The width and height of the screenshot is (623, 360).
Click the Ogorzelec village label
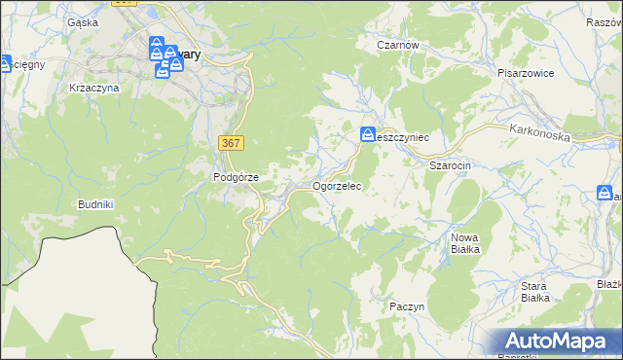[337, 185]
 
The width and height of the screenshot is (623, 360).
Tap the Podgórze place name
[236, 177]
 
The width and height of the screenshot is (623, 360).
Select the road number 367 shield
[231, 143]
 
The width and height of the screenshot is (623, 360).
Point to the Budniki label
[96, 204]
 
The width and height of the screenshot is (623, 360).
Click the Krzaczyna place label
[94, 88]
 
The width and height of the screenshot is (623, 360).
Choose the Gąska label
[83, 21]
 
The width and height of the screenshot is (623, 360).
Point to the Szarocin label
[451, 165]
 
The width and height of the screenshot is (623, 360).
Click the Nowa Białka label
[465, 243]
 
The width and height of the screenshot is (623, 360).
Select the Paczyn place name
[407, 306]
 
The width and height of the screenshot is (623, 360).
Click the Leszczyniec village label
[405, 138]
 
